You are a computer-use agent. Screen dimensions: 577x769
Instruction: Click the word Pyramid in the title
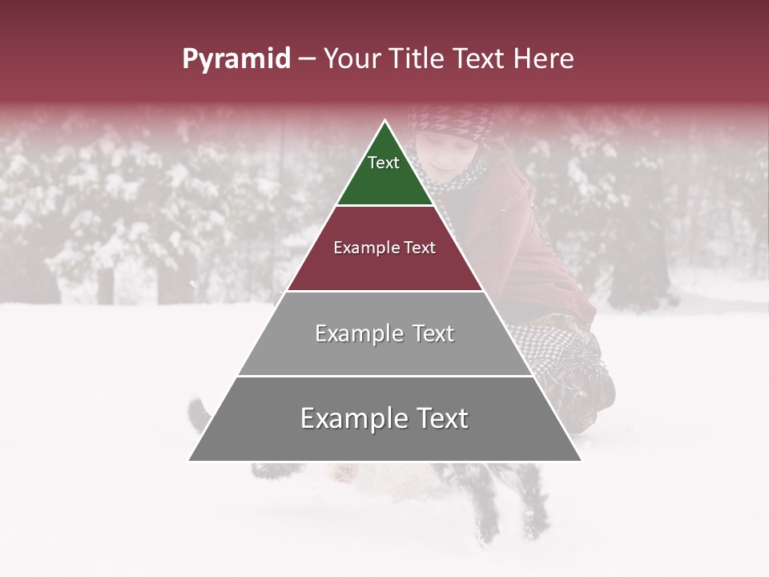236,59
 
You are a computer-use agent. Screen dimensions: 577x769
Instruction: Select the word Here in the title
543,59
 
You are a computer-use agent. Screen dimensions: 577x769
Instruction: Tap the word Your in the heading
352,59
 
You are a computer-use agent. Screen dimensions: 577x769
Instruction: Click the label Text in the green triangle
384,163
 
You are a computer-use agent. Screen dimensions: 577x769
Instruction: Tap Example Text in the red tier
384,248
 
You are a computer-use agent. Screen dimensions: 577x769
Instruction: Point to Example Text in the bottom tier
384,418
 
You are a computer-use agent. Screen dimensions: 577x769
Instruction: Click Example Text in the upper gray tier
384,333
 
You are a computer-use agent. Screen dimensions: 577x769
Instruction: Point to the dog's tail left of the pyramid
198,413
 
